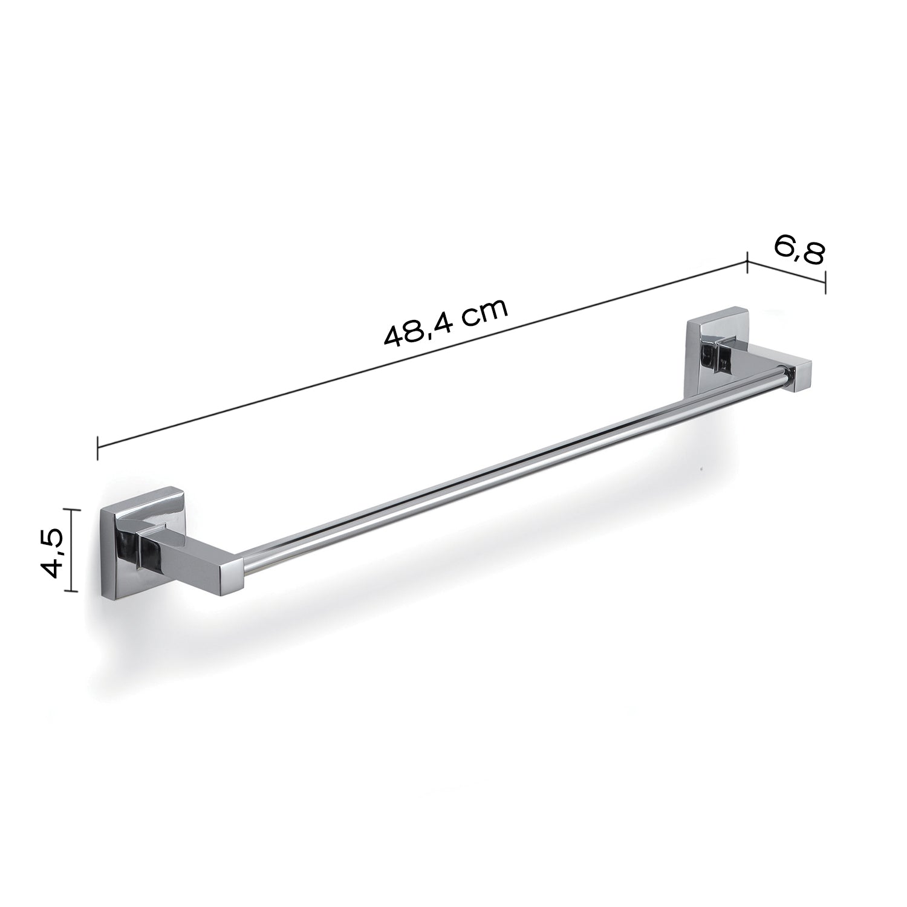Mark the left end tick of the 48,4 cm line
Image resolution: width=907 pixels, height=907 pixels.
97,447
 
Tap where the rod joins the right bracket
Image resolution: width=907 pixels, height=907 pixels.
787,376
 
